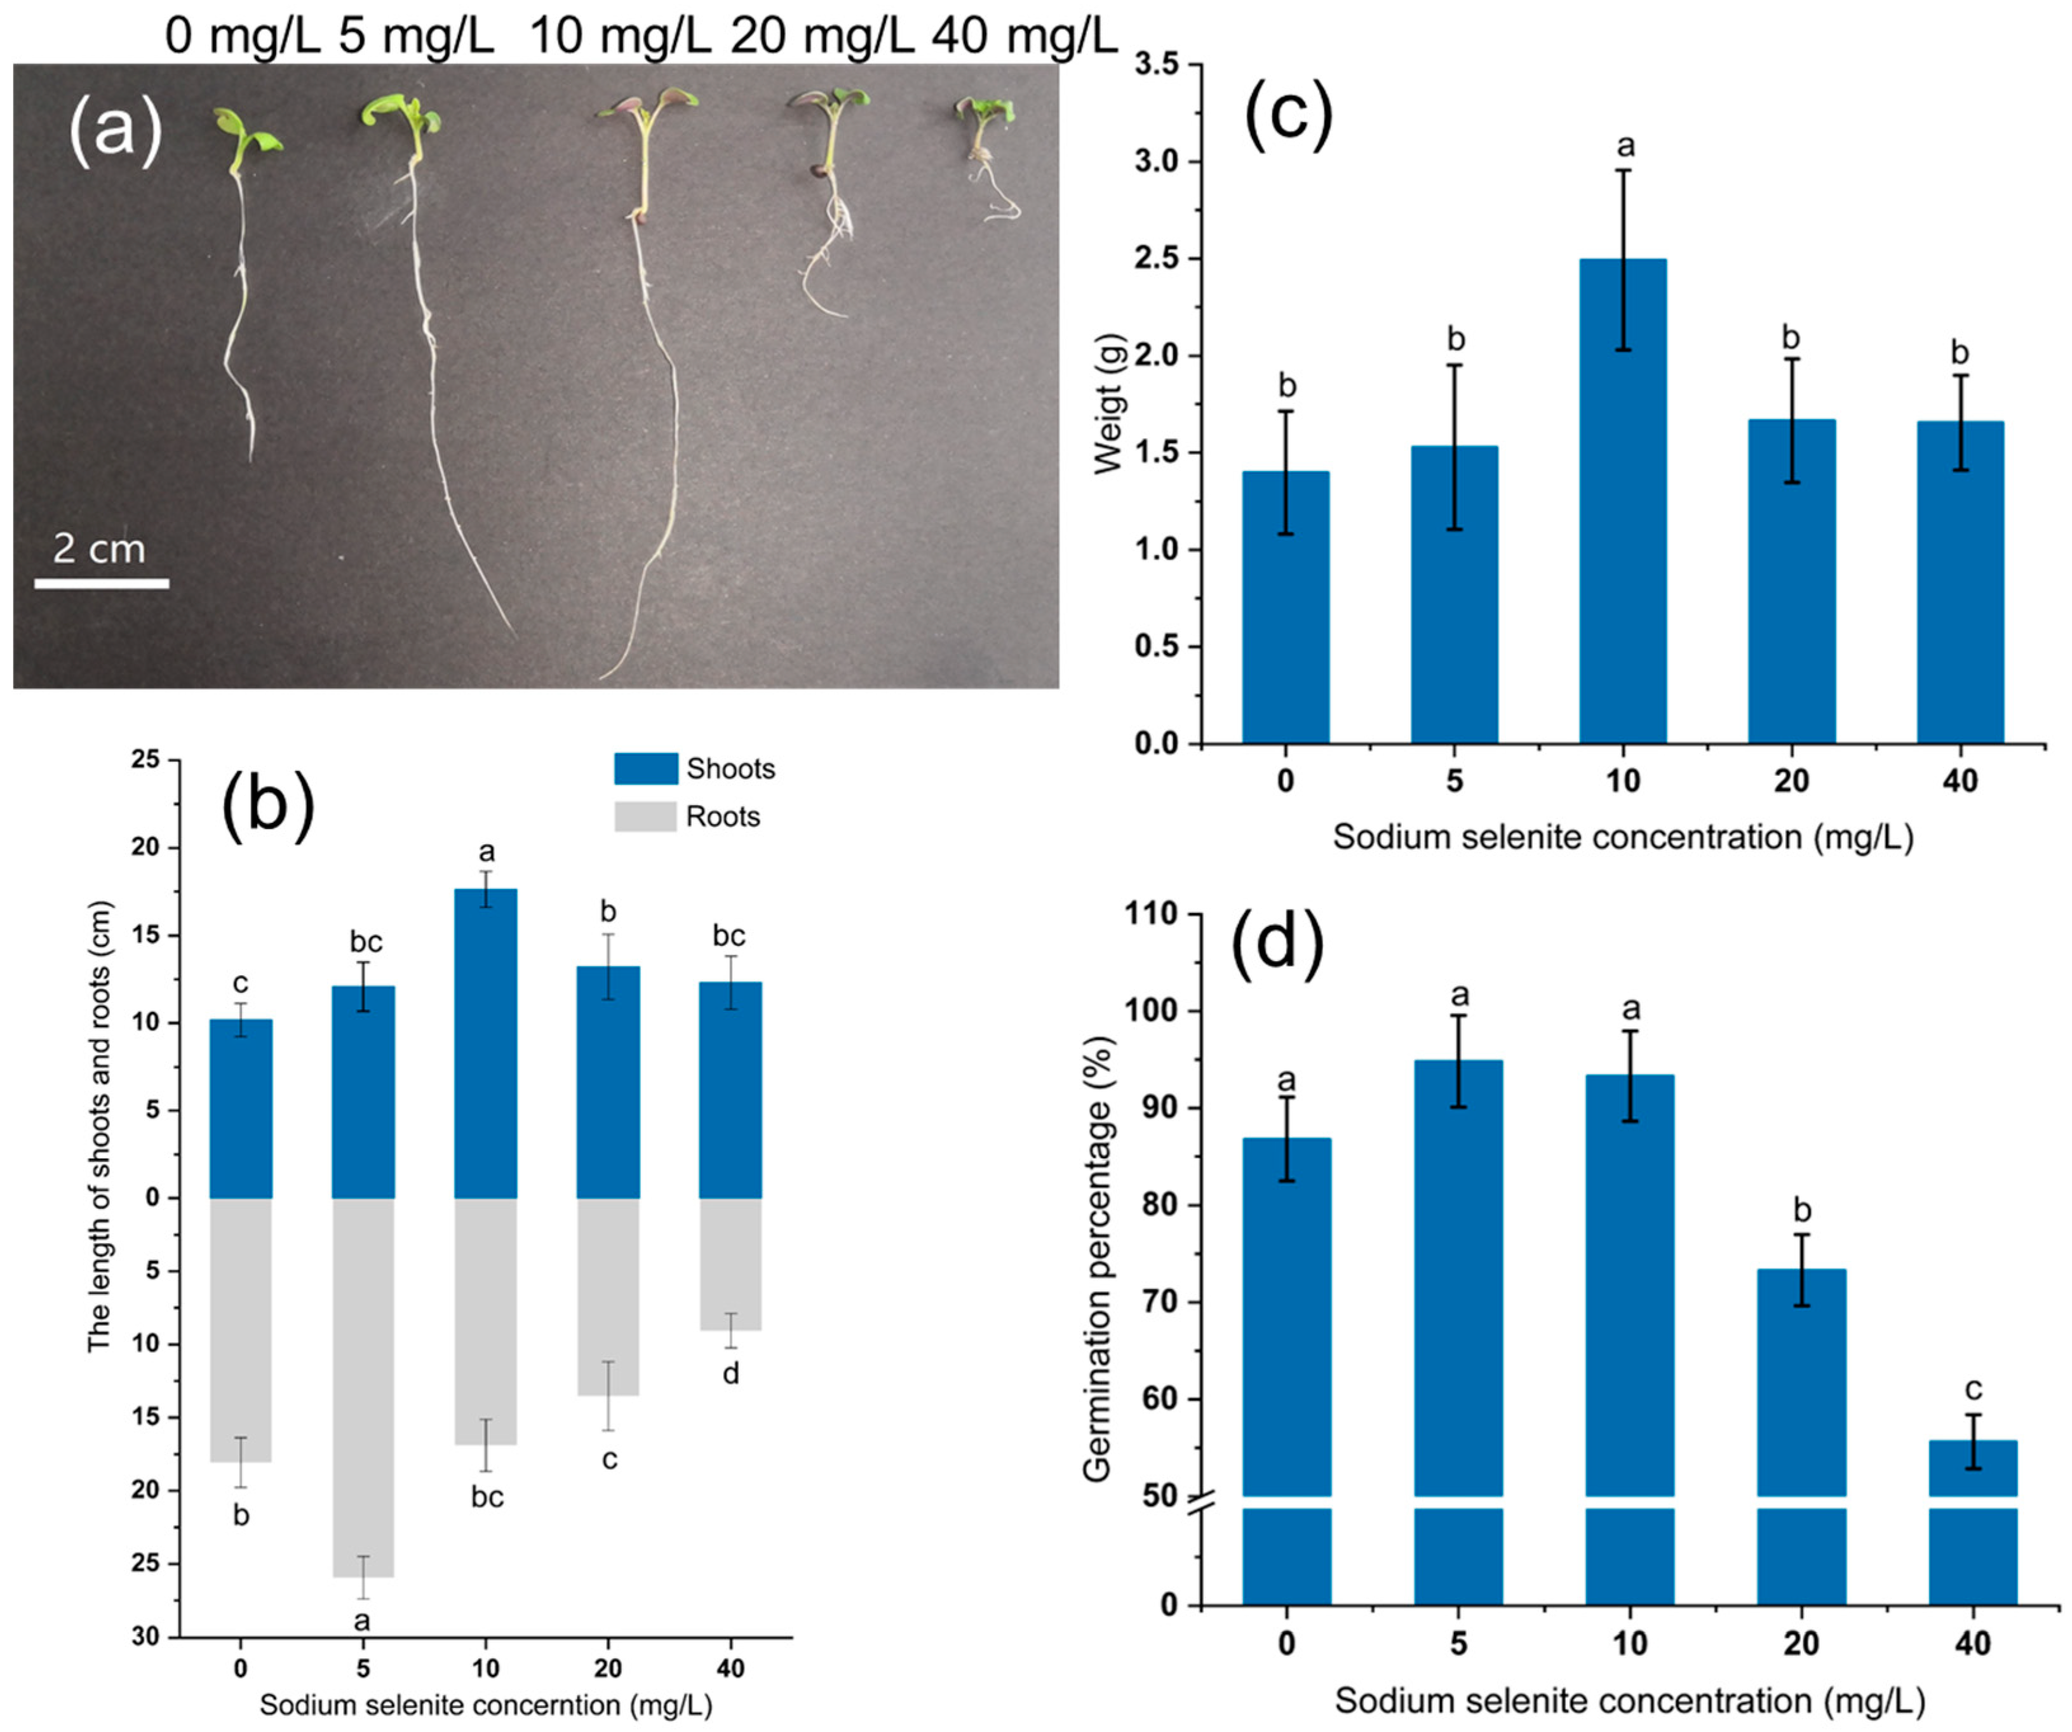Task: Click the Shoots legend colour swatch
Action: pyautogui.click(x=645, y=768)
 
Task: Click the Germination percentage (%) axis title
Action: pyautogui.click(x=1097, y=1258)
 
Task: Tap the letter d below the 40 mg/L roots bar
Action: pyautogui.click(x=731, y=1373)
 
